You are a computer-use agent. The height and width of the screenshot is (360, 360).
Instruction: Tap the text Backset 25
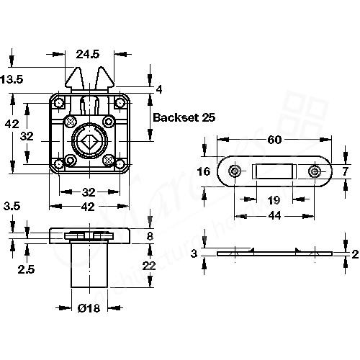[184, 117]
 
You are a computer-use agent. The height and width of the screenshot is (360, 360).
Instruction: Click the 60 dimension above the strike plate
[274, 140]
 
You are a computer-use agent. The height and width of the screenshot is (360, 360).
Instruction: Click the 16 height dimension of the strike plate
[203, 171]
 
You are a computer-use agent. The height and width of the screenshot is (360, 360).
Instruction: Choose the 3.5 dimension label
[12, 207]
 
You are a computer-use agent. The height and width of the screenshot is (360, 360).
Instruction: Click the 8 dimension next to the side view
[149, 235]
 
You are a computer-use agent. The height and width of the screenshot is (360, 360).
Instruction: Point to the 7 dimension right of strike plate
[346, 171]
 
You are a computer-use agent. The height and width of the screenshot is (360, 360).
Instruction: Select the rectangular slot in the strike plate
[274, 172]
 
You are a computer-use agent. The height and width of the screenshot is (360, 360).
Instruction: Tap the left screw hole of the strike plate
[235, 171]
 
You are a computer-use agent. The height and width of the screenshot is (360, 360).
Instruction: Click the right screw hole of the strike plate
[315, 171]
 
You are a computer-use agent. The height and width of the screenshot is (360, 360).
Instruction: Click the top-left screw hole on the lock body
[58, 102]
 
